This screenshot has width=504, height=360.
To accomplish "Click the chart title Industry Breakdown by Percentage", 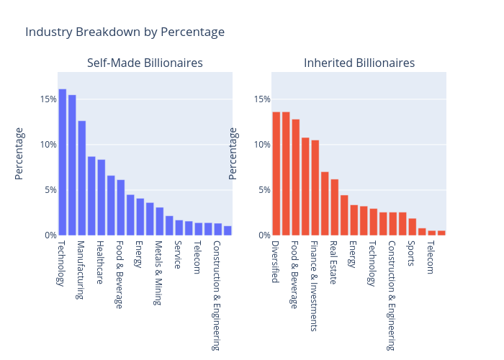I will (125, 32).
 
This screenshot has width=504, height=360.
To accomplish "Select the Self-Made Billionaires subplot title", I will (145, 63).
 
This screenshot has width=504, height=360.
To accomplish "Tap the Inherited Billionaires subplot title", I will (359, 63).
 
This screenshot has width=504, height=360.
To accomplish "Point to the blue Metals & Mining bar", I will (160, 221).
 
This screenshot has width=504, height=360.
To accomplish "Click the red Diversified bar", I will (276, 174).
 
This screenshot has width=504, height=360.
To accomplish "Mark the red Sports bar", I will (413, 227).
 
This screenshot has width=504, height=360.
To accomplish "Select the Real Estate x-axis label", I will (333, 262).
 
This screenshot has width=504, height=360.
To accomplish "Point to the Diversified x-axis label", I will (275, 261).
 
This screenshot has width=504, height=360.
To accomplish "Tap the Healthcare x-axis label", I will (100, 261).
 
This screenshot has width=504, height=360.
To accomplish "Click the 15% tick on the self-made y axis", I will (49, 99).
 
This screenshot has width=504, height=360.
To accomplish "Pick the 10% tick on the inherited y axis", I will (261, 145).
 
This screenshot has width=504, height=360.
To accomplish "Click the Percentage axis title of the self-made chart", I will (19, 153).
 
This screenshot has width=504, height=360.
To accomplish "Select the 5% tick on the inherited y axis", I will (264, 190).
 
